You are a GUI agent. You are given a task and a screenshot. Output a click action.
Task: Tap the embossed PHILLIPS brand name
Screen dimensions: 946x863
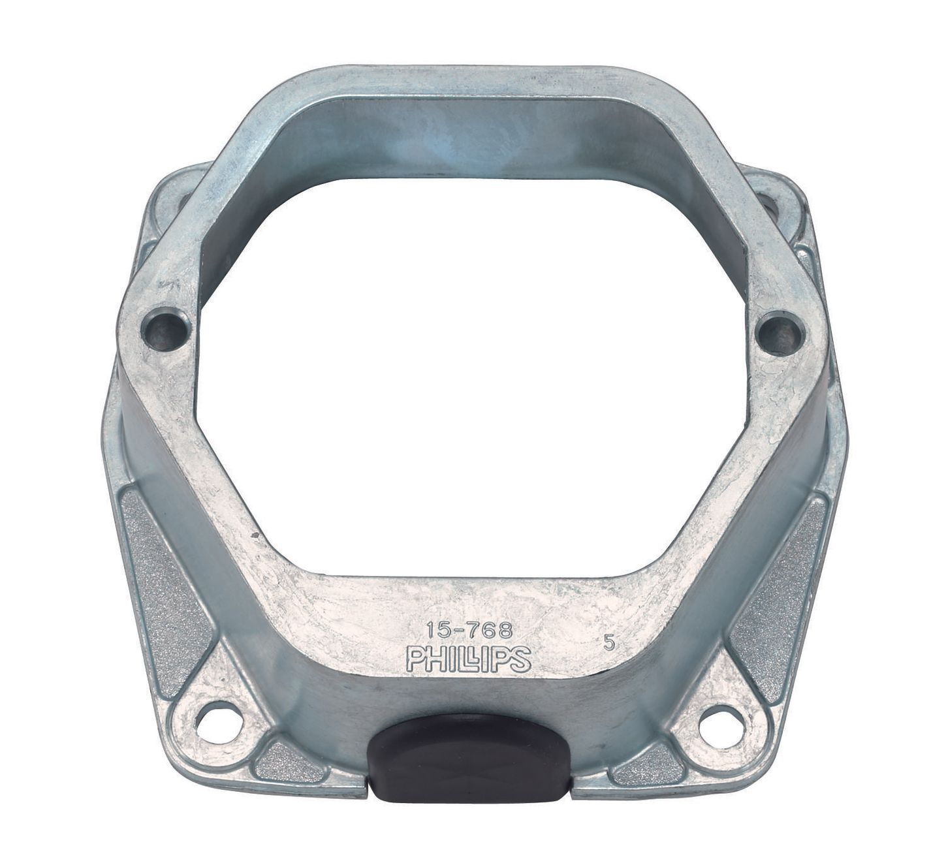coord(469,658)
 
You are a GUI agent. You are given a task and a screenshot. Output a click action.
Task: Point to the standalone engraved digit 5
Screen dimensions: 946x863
coord(610,642)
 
